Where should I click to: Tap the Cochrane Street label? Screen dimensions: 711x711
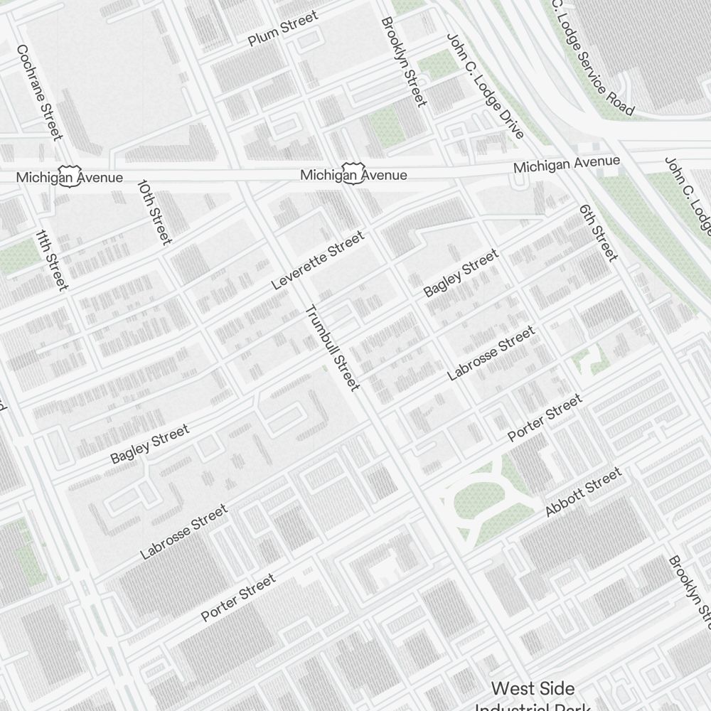click(x=40, y=92)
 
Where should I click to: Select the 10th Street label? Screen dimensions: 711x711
click(x=154, y=211)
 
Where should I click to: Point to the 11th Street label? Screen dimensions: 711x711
click(x=51, y=260)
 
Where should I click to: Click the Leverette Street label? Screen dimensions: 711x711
click(x=317, y=260)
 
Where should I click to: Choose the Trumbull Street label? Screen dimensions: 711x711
click(x=332, y=348)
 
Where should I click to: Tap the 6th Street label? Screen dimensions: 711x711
click(x=598, y=232)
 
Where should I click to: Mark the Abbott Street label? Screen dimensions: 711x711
click(x=583, y=491)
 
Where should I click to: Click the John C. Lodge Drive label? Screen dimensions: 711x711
click(x=485, y=85)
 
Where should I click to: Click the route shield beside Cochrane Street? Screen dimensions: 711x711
click(x=69, y=178)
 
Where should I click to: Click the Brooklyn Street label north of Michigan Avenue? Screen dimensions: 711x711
click(x=404, y=62)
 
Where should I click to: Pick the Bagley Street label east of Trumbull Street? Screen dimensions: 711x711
click(x=461, y=274)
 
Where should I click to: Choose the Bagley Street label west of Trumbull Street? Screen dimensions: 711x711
click(x=150, y=444)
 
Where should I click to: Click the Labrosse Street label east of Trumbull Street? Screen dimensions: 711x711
click(x=491, y=353)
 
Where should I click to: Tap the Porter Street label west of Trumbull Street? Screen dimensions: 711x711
click(x=237, y=598)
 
